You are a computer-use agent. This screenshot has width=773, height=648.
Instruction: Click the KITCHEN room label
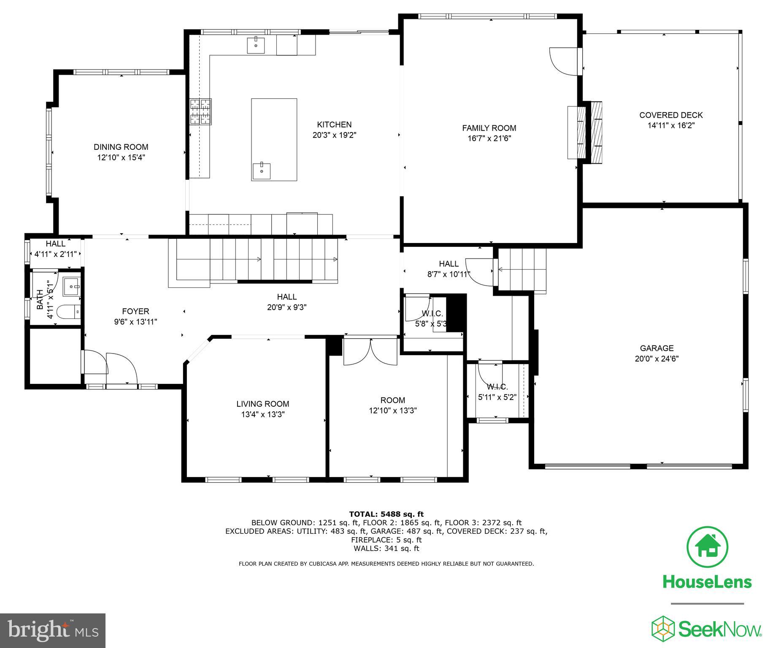(x=334, y=124)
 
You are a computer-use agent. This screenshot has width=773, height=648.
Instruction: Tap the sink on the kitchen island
(x=262, y=171)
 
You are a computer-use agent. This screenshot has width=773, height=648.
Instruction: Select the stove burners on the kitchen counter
(x=200, y=112)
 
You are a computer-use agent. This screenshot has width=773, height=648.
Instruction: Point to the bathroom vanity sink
(x=71, y=286)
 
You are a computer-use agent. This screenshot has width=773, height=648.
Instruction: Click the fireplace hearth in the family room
(x=577, y=132)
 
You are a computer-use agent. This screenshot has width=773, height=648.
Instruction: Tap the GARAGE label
(x=657, y=348)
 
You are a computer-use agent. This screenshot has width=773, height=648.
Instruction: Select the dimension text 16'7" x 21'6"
(x=489, y=138)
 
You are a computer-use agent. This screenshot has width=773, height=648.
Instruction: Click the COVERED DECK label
(x=671, y=115)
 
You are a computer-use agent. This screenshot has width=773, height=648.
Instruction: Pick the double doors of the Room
(x=370, y=351)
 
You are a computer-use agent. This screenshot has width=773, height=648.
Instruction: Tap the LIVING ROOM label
(x=262, y=404)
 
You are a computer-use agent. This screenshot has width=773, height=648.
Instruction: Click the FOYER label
(x=135, y=311)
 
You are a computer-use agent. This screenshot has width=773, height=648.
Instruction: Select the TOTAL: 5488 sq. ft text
(x=386, y=514)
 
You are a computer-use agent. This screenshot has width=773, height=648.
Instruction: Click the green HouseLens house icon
(x=708, y=547)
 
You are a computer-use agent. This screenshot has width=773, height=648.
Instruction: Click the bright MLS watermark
(x=53, y=630)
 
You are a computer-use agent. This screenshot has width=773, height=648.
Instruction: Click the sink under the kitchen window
(x=256, y=45)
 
